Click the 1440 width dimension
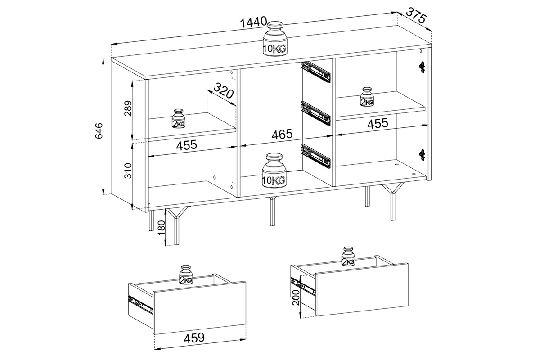[x=254, y=22]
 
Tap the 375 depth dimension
[x=416, y=15]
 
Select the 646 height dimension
[x=99, y=130]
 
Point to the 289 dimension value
[x=128, y=108]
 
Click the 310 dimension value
[x=128, y=171]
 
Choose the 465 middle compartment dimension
[x=282, y=134]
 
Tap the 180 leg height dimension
[x=161, y=229]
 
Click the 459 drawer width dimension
[x=194, y=338]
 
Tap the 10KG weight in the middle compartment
[x=274, y=170]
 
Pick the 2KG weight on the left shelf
[x=178, y=118]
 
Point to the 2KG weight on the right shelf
[x=367, y=97]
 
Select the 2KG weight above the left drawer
[x=186, y=274]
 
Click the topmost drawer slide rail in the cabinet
[x=315, y=72]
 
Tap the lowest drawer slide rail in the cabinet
[x=315, y=156]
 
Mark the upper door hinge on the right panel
[x=422, y=67]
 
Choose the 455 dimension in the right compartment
[x=378, y=123]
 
